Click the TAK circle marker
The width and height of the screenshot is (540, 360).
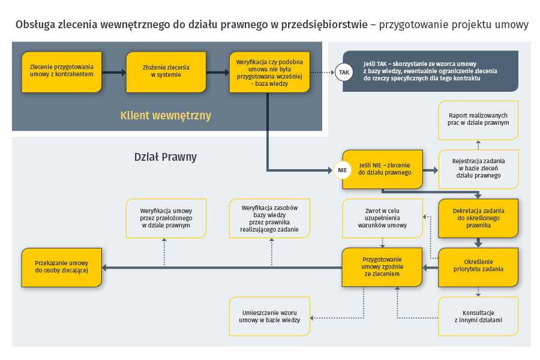[x=344, y=73]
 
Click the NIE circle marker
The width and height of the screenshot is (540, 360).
[x=343, y=170]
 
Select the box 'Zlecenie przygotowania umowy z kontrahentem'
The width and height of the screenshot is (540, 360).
[x=62, y=72]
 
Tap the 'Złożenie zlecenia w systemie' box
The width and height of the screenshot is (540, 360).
[x=166, y=72]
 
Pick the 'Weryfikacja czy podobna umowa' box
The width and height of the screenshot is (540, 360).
[x=269, y=72]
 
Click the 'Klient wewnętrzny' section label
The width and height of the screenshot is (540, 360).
[x=166, y=115]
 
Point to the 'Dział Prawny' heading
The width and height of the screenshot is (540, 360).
[x=166, y=157]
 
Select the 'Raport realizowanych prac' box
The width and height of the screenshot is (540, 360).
[x=478, y=120]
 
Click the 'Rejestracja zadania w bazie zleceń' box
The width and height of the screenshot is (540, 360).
[x=478, y=169]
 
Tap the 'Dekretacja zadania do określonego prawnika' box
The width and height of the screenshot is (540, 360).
[x=478, y=218]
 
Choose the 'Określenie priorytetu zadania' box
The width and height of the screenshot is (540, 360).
[x=478, y=267]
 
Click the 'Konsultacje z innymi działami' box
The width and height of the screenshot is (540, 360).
[x=478, y=316]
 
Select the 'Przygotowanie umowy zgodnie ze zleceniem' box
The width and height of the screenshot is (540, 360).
[x=382, y=267]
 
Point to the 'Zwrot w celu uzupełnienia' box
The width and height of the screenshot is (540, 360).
[x=382, y=218]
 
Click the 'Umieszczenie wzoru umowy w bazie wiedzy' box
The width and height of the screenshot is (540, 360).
[x=269, y=316]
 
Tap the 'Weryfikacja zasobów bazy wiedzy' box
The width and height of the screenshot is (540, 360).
[x=269, y=218]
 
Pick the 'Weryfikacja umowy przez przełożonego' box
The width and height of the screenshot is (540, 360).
[x=166, y=218]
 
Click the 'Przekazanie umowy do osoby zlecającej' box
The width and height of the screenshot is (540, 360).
[x=62, y=267]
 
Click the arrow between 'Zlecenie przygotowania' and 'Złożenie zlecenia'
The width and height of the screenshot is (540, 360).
[x=114, y=73]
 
